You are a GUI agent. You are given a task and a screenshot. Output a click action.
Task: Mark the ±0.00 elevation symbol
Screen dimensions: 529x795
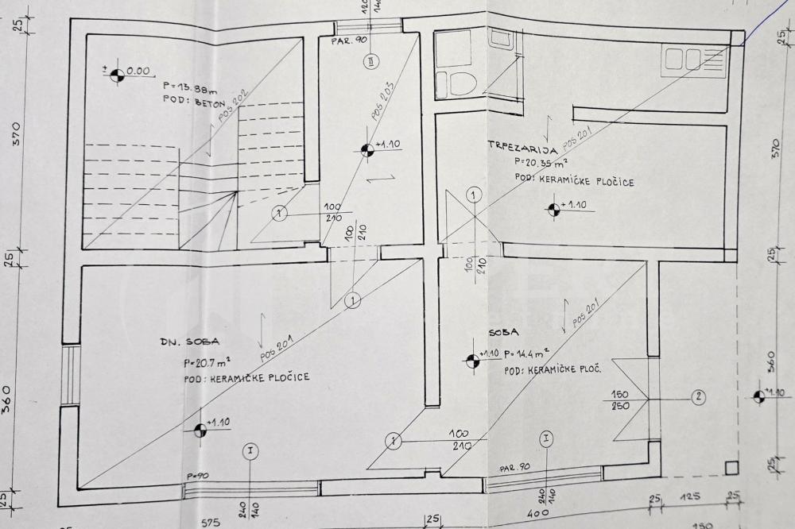point(117,75)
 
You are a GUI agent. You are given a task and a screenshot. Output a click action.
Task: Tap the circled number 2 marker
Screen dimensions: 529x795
point(698,397)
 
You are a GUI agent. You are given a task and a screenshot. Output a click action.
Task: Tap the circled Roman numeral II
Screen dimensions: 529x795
point(371,61)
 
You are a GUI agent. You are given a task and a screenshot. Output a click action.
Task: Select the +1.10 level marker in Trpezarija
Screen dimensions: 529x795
point(553,209)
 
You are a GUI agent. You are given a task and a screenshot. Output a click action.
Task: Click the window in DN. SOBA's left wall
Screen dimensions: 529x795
point(68,374)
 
